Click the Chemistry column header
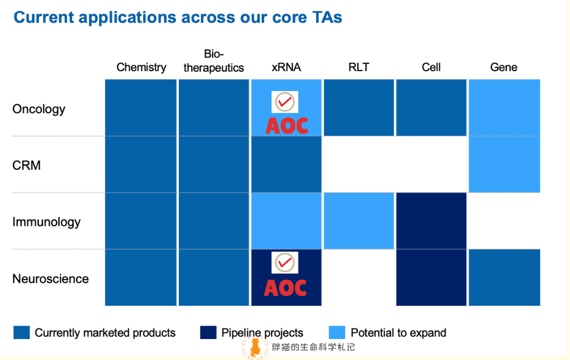click(141, 67)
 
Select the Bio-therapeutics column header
click(214, 61)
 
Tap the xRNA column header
click(286, 67)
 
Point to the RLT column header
click(359, 67)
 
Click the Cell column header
click(431, 67)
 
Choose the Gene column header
click(504, 67)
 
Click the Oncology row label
click(39, 109)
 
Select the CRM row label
click(26, 165)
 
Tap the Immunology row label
click(46, 222)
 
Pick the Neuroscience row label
click(51, 279)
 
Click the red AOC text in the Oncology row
click(287, 125)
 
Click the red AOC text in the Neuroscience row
click(286, 288)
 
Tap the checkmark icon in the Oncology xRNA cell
click(284, 101)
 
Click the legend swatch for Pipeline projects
click(208, 333)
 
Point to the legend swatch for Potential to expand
click(337, 333)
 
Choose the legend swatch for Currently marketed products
click(22, 333)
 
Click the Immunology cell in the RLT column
click(359, 221)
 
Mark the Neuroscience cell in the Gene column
click(504, 278)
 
